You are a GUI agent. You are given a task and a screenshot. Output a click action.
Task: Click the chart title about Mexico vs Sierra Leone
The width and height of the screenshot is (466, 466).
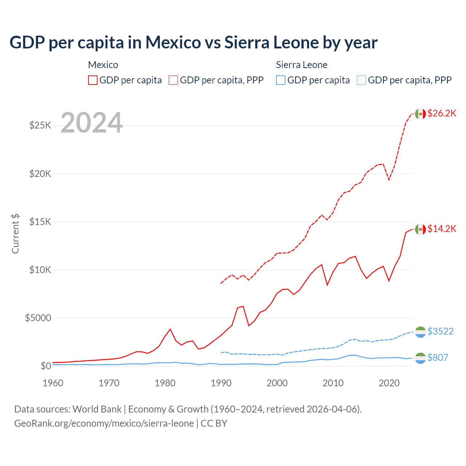point(193,43)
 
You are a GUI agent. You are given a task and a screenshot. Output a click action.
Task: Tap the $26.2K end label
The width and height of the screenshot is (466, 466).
point(442,113)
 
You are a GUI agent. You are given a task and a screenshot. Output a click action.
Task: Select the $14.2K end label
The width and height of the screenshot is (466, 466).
point(442,229)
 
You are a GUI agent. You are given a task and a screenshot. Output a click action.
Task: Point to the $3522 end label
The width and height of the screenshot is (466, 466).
point(440,331)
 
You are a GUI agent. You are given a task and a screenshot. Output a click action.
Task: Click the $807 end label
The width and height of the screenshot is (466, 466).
point(438,358)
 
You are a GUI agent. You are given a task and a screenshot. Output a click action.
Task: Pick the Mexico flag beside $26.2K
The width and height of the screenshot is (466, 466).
point(420,114)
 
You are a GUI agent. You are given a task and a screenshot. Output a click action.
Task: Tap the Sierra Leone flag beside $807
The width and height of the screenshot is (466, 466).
point(420,358)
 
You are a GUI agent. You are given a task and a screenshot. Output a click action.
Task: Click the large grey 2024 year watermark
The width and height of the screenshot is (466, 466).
point(91,123)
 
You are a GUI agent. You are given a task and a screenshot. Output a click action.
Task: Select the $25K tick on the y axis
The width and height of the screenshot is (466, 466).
point(40,126)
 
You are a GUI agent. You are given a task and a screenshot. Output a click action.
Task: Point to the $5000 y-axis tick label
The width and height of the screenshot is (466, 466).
point(38,318)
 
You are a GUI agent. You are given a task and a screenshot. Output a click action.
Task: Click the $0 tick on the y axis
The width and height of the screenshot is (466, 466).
point(46,366)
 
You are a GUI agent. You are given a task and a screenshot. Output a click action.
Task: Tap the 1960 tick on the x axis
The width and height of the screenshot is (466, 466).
point(53,383)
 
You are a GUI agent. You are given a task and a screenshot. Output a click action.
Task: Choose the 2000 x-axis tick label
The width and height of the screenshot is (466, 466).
point(277,383)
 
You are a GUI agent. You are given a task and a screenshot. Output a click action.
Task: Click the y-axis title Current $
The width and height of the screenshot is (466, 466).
point(15,234)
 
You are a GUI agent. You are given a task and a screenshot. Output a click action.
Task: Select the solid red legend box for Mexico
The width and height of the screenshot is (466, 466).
point(93,80)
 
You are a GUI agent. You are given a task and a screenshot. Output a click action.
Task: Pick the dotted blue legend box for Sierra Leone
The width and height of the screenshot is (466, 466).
point(362,80)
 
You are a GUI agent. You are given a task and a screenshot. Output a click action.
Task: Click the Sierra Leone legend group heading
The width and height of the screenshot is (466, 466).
point(301,65)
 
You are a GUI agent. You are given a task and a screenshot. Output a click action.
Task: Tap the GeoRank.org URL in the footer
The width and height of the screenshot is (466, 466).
point(104,423)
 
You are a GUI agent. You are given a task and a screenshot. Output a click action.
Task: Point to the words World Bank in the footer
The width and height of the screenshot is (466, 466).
point(97,409)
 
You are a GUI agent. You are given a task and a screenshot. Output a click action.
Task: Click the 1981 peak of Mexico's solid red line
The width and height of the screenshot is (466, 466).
point(170,329)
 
